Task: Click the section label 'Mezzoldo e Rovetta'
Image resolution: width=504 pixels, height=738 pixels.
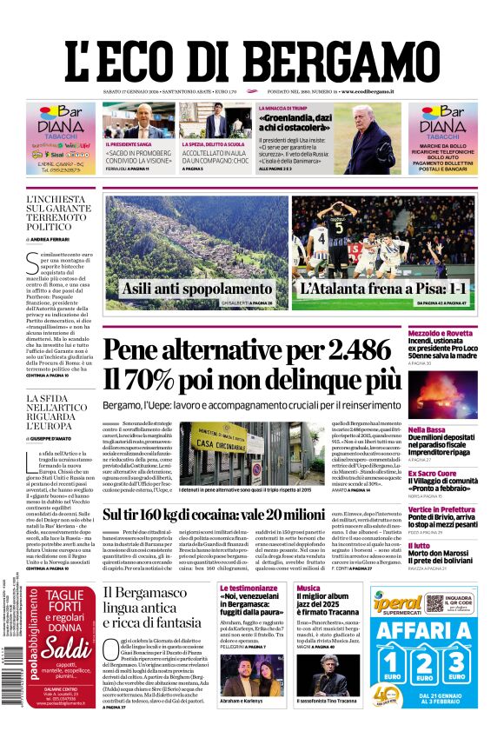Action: tap(441, 333)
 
